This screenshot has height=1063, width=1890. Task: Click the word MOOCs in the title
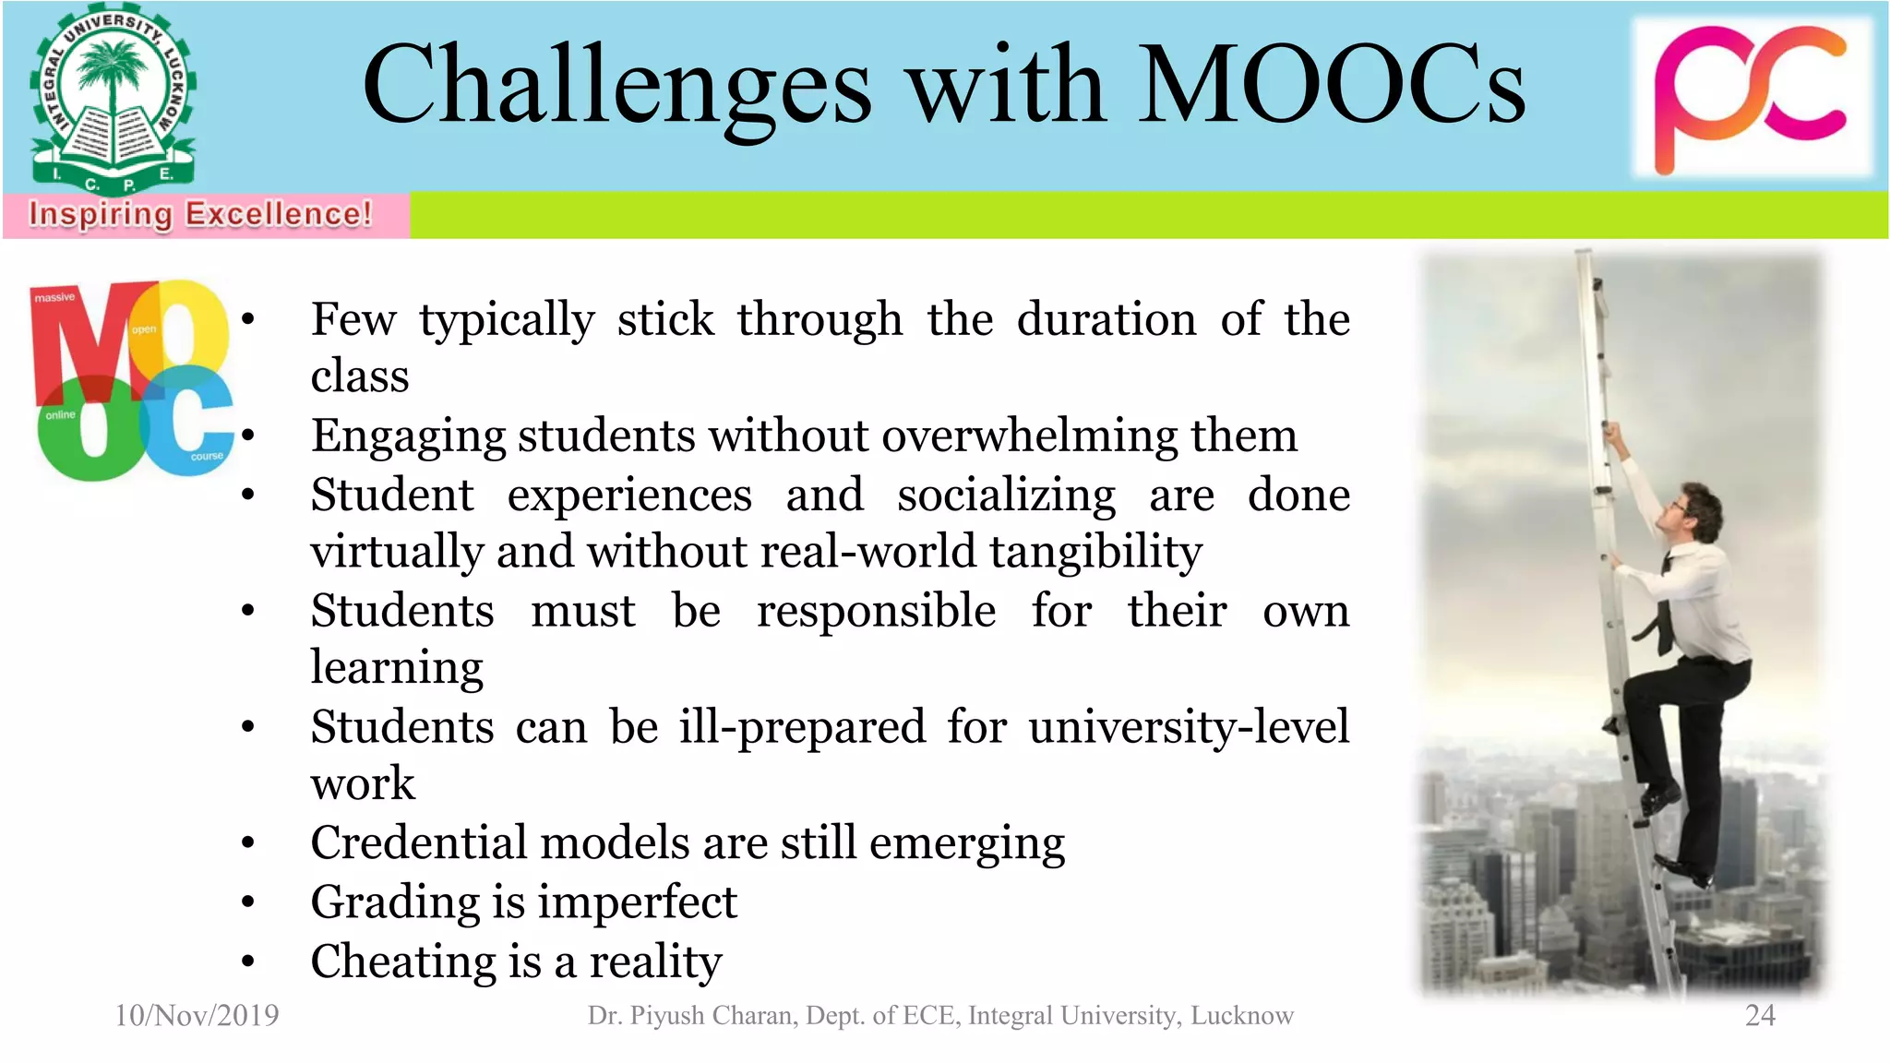coord(1331,85)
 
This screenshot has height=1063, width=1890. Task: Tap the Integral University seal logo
coord(113,100)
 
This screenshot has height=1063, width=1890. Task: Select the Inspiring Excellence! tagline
coord(200,214)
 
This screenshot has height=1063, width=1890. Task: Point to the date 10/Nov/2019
coord(197,1015)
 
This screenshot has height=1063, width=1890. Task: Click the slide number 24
coord(1760,1015)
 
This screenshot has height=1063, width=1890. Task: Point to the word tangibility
coord(1095,552)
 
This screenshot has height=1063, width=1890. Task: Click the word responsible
coord(876,611)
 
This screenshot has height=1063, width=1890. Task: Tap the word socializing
coord(1006,495)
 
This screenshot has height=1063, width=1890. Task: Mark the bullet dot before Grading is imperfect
coord(247,902)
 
